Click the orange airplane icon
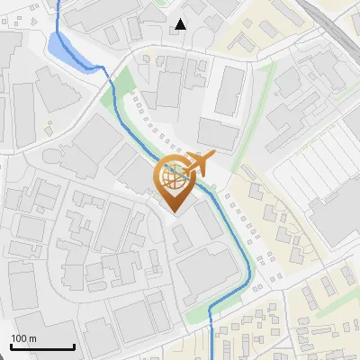(199, 165)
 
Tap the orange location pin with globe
(174, 183)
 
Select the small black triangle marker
(181, 23)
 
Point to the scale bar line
(43, 346)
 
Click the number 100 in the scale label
(19, 338)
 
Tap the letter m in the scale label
(32, 338)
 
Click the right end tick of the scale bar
(74, 346)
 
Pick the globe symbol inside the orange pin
(174, 176)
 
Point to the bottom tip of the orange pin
(174, 211)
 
